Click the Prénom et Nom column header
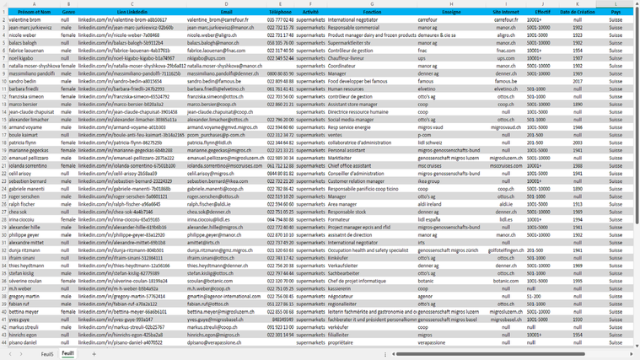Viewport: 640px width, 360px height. (34, 13)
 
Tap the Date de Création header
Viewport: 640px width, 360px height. (577, 13)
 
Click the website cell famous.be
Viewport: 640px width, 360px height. (506, 80)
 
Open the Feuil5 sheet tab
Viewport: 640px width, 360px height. (46, 354)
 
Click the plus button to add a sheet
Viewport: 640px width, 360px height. (94, 354)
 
